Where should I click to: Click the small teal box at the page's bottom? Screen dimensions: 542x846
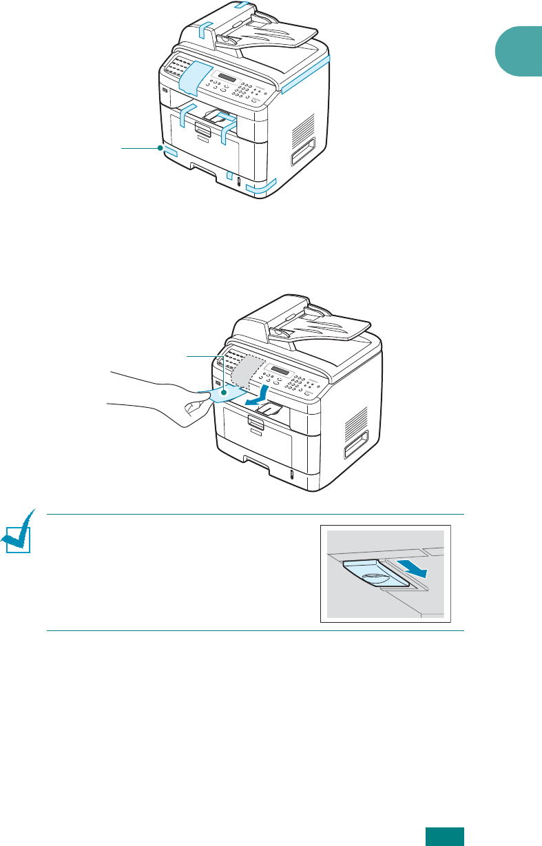point(444,835)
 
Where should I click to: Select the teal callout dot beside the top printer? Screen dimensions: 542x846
point(160,147)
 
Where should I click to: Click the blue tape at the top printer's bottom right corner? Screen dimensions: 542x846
point(262,186)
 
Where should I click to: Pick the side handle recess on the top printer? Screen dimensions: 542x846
point(303,152)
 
